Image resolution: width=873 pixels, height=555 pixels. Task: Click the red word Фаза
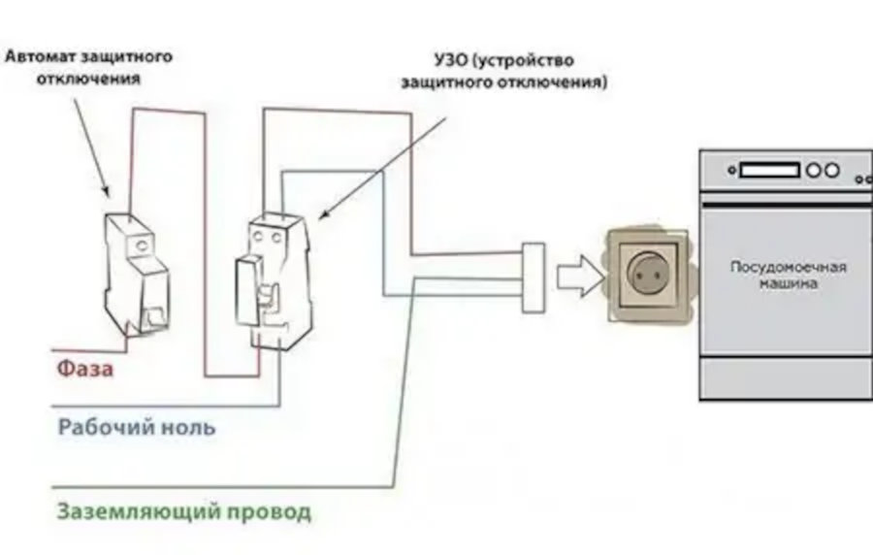(85, 368)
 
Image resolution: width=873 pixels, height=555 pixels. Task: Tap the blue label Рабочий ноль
(137, 427)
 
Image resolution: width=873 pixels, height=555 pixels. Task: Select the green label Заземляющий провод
(183, 512)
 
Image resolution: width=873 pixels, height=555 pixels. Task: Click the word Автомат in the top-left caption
(41, 56)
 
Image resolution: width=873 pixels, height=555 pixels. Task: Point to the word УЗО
(451, 59)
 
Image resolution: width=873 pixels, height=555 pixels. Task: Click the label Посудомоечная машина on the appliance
(789, 275)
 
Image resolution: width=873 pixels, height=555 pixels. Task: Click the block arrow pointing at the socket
(581, 276)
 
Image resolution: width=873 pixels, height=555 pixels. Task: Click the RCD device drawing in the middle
(273, 281)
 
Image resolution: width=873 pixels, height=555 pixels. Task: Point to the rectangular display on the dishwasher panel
(769, 171)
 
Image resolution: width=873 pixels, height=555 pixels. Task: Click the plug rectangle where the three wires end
(533, 277)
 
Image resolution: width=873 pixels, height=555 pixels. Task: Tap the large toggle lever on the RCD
(246, 291)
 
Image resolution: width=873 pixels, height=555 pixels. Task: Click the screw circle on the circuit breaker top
(143, 245)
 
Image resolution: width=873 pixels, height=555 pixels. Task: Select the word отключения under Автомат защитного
(88, 79)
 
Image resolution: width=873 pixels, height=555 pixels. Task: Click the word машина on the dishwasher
(789, 283)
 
